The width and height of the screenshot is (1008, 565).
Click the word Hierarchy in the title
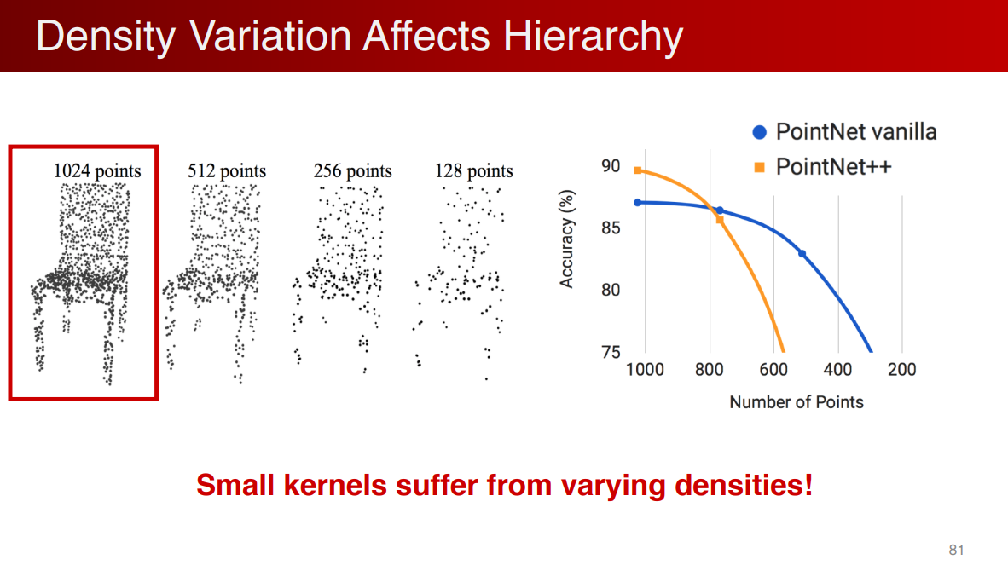pyautogui.click(x=593, y=36)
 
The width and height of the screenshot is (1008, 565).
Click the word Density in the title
pyautogui.click(x=106, y=36)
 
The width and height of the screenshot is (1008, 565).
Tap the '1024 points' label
pyautogui.click(x=97, y=170)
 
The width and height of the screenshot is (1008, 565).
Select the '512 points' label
pyautogui.click(x=226, y=170)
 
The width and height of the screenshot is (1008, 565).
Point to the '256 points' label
pyautogui.click(x=352, y=170)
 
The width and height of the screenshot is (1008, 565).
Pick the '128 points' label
pyautogui.click(x=474, y=170)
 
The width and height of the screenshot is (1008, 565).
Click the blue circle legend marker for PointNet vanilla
pyautogui.click(x=759, y=132)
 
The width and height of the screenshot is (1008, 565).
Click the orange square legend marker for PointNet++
pyautogui.click(x=759, y=167)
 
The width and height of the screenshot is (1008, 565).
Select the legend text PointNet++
pyautogui.click(x=834, y=167)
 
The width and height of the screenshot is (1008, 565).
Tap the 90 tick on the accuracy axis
pyautogui.click(x=611, y=166)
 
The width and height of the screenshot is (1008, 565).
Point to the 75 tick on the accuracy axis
pyautogui.click(x=611, y=352)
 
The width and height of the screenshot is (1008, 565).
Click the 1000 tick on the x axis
pyautogui.click(x=645, y=370)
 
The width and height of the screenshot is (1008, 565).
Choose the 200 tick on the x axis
pyautogui.click(x=902, y=370)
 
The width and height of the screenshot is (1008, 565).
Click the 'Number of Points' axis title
pyautogui.click(x=797, y=402)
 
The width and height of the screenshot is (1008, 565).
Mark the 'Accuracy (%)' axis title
pyautogui.click(x=566, y=239)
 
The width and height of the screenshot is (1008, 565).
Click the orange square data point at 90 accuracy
pyautogui.click(x=638, y=170)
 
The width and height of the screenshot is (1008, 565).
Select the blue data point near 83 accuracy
pyautogui.click(x=802, y=254)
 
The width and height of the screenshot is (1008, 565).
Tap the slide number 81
pyautogui.click(x=956, y=550)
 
